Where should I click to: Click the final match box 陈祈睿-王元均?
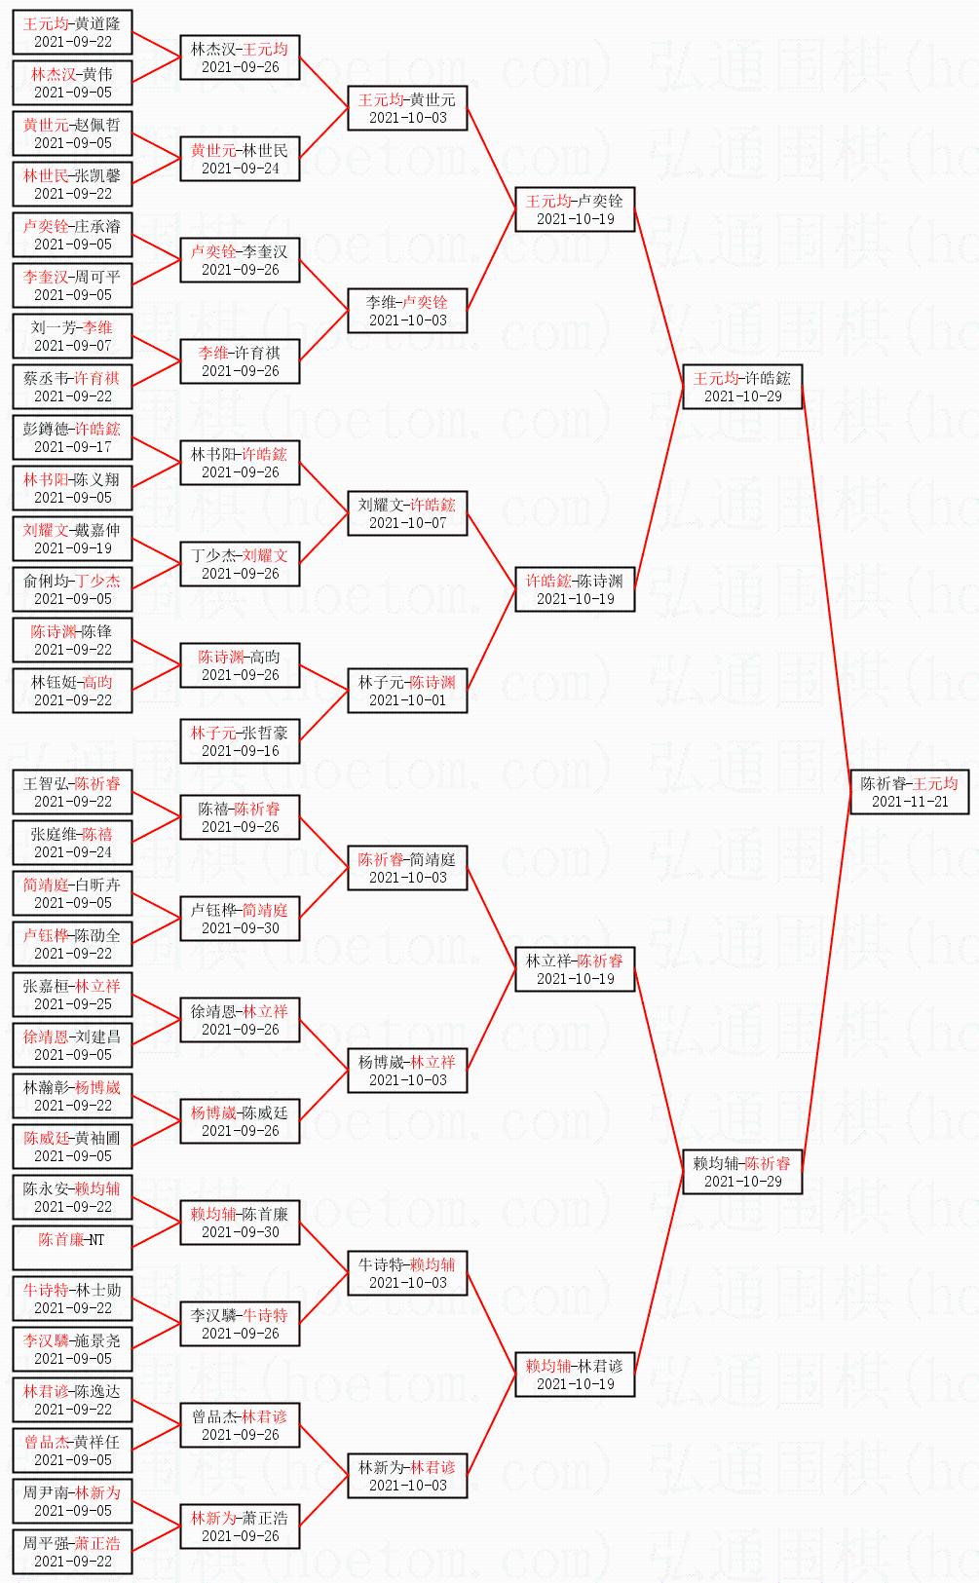[x=909, y=792]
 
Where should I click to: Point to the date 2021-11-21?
[x=909, y=802]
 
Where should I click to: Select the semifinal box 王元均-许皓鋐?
[x=741, y=387]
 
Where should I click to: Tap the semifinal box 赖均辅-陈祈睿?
[x=741, y=1172]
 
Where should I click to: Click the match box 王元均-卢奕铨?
[x=575, y=209]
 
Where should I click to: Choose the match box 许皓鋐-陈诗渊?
[x=575, y=589]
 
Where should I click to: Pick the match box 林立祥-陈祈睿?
[x=575, y=969]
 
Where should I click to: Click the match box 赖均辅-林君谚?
[x=575, y=1375]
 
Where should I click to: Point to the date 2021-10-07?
[x=407, y=523]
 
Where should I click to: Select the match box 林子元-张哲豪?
[x=240, y=741]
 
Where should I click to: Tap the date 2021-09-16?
[x=240, y=751]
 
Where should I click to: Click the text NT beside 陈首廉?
[x=95, y=1239]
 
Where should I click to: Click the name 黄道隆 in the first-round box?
[x=97, y=23]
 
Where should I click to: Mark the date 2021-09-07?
[x=72, y=346]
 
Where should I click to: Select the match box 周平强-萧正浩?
[x=72, y=1552]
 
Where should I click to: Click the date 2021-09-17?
[x=72, y=447]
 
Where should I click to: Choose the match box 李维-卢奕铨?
[x=407, y=311]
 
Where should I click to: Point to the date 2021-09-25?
[x=72, y=1004]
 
